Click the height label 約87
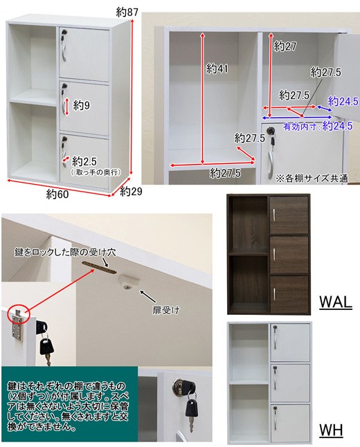click(127, 12)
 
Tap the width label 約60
click(57, 194)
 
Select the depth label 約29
click(131, 191)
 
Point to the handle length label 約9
click(81, 105)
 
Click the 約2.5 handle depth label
click(84, 162)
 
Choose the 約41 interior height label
click(217, 69)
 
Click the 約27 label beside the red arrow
click(285, 46)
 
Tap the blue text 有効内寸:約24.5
click(318, 126)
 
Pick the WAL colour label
click(336, 302)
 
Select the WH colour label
click(331, 430)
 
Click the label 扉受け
click(165, 310)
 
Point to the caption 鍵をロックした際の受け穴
click(65, 253)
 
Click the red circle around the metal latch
click(19, 314)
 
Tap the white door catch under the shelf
click(129, 282)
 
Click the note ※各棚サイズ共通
click(312, 179)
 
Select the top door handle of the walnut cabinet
click(273, 215)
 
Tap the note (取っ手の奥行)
click(96, 172)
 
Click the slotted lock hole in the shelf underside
click(100, 266)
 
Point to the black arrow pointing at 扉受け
click(147, 297)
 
